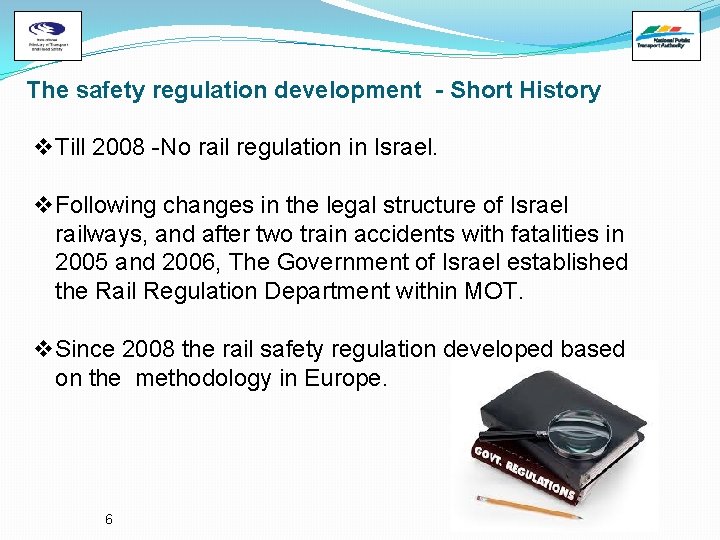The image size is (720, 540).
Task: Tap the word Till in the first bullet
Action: click(71, 148)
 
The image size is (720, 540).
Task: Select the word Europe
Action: click(350, 379)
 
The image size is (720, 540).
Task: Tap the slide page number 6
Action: click(109, 519)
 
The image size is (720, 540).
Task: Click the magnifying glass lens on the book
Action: click(579, 431)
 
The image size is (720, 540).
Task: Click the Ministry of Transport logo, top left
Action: click(48, 36)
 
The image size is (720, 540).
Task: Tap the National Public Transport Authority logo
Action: click(667, 36)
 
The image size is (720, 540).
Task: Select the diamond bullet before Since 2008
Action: click(43, 350)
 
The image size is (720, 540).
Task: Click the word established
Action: click(568, 263)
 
